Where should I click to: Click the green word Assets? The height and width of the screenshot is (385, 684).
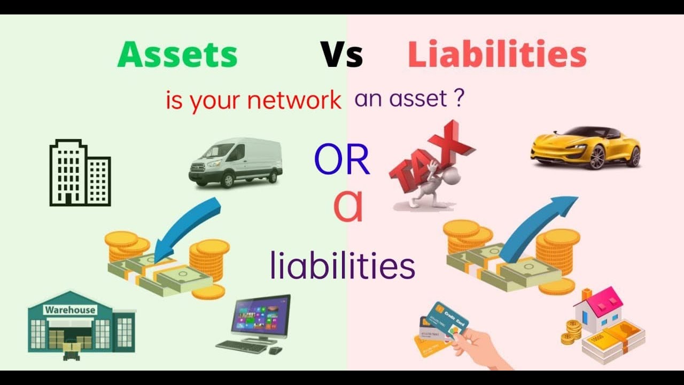click(177, 55)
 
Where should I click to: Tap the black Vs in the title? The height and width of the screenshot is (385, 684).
click(341, 55)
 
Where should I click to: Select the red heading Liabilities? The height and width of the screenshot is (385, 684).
click(497, 55)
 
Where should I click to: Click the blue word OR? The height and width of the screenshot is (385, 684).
click(342, 160)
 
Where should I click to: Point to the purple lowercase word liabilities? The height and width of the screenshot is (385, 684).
click(343, 266)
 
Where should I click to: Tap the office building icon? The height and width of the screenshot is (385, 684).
click(80, 173)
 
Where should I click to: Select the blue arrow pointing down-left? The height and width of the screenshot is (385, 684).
click(190, 227)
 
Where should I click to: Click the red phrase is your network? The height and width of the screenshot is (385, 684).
click(253, 100)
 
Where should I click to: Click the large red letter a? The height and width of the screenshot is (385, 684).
click(348, 209)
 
